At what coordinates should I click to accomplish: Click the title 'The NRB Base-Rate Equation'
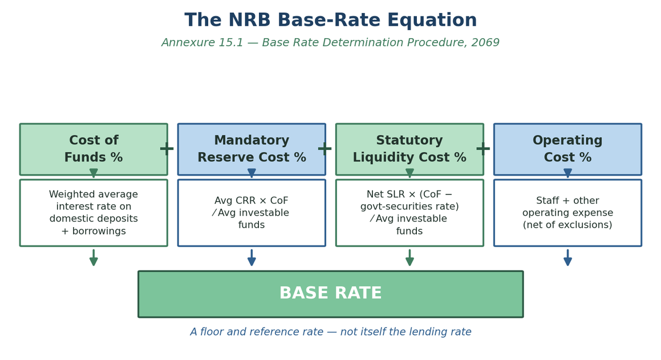pyautogui.click(x=331, y=20)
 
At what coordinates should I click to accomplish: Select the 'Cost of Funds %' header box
pyautogui.click(x=94, y=149)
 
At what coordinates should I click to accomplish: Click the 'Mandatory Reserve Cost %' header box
pyautogui.click(x=252, y=149)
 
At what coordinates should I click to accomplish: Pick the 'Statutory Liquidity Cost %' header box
pyautogui.click(x=409, y=149)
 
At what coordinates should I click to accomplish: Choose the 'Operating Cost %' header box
pyautogui.click(x=568, y=149)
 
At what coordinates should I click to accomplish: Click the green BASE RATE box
pyautogui.click(x=331, y=294)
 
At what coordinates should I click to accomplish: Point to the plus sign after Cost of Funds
pyautogui.click(x=167, y=149)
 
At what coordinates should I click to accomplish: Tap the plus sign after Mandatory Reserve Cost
pyautogui.click(x=325, y=149)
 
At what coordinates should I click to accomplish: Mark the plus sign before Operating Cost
pyautogui.click(x=483, y=149)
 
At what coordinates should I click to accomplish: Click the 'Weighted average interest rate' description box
pyautogui.click(x=94, y=213)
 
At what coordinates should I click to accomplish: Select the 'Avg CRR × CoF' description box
pyautogui.click(x=252, y=213)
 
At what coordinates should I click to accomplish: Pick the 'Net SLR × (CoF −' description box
pyautogui.click(x=409, y=213)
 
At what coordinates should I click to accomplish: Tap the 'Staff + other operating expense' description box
pyautogui.click(x=568, y=213)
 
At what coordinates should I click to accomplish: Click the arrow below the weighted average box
pyautogui.click(x=94, y=257)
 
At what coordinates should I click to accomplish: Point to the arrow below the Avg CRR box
pyautogui.click(x=252, y=257)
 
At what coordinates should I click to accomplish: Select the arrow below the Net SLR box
pyautogui.click(x=409, y=257)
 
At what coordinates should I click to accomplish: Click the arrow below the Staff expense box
pyautogui.click(x=568, y=257)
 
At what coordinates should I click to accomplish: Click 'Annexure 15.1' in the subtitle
pyautogui.click(x=202, y=43)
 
